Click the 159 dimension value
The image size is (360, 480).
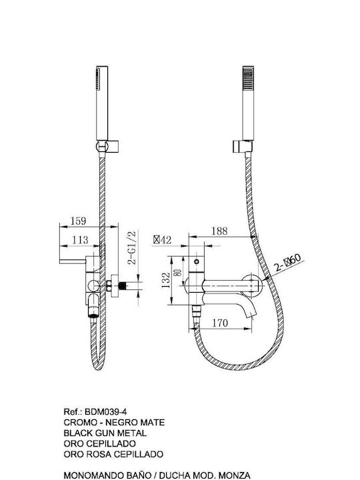click(79, 221)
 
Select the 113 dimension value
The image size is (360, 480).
click(80, 240)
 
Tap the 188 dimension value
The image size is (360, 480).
click(219, 231)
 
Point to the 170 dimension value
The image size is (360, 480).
click(220, 323)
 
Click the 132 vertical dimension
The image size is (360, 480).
click(165, 280)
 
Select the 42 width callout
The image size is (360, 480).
click(163, 240)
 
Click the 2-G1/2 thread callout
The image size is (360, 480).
click(132, 247)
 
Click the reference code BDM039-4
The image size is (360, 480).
click(105, 411)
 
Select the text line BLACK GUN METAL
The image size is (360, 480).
click(105, 433)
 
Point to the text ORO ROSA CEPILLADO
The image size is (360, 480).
click(113, 454)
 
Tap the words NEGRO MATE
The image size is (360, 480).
click(135, 423)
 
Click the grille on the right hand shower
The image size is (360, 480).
click(248, 78)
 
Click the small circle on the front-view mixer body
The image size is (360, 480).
click(197, 262)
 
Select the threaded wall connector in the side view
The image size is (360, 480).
click(123, 286)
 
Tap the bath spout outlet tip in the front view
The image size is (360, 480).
click(251, 315)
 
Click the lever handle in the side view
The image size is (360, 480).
click(73, 261)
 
